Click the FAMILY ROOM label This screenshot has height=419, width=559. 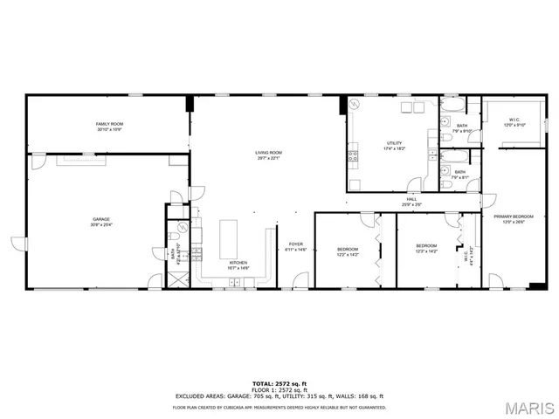tap(108, 125)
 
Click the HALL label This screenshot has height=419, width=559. tap(411, 199)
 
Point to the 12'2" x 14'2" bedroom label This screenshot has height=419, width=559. tap(348, 251)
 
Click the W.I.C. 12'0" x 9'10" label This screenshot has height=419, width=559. tap(515, 123)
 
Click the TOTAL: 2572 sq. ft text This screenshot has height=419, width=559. tap(279, 382)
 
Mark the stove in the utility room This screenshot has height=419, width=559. tap(353, 156)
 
